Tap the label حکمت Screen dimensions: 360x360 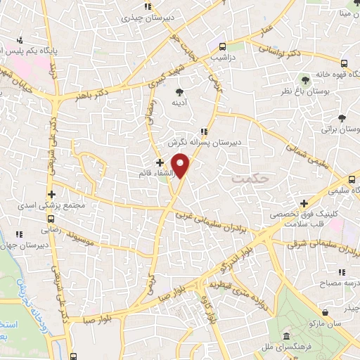coord(249,179)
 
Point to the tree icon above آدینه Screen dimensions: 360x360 coord(179,92)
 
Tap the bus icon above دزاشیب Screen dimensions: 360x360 coord(223,44)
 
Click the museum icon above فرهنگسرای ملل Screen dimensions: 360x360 coord(289,335)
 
